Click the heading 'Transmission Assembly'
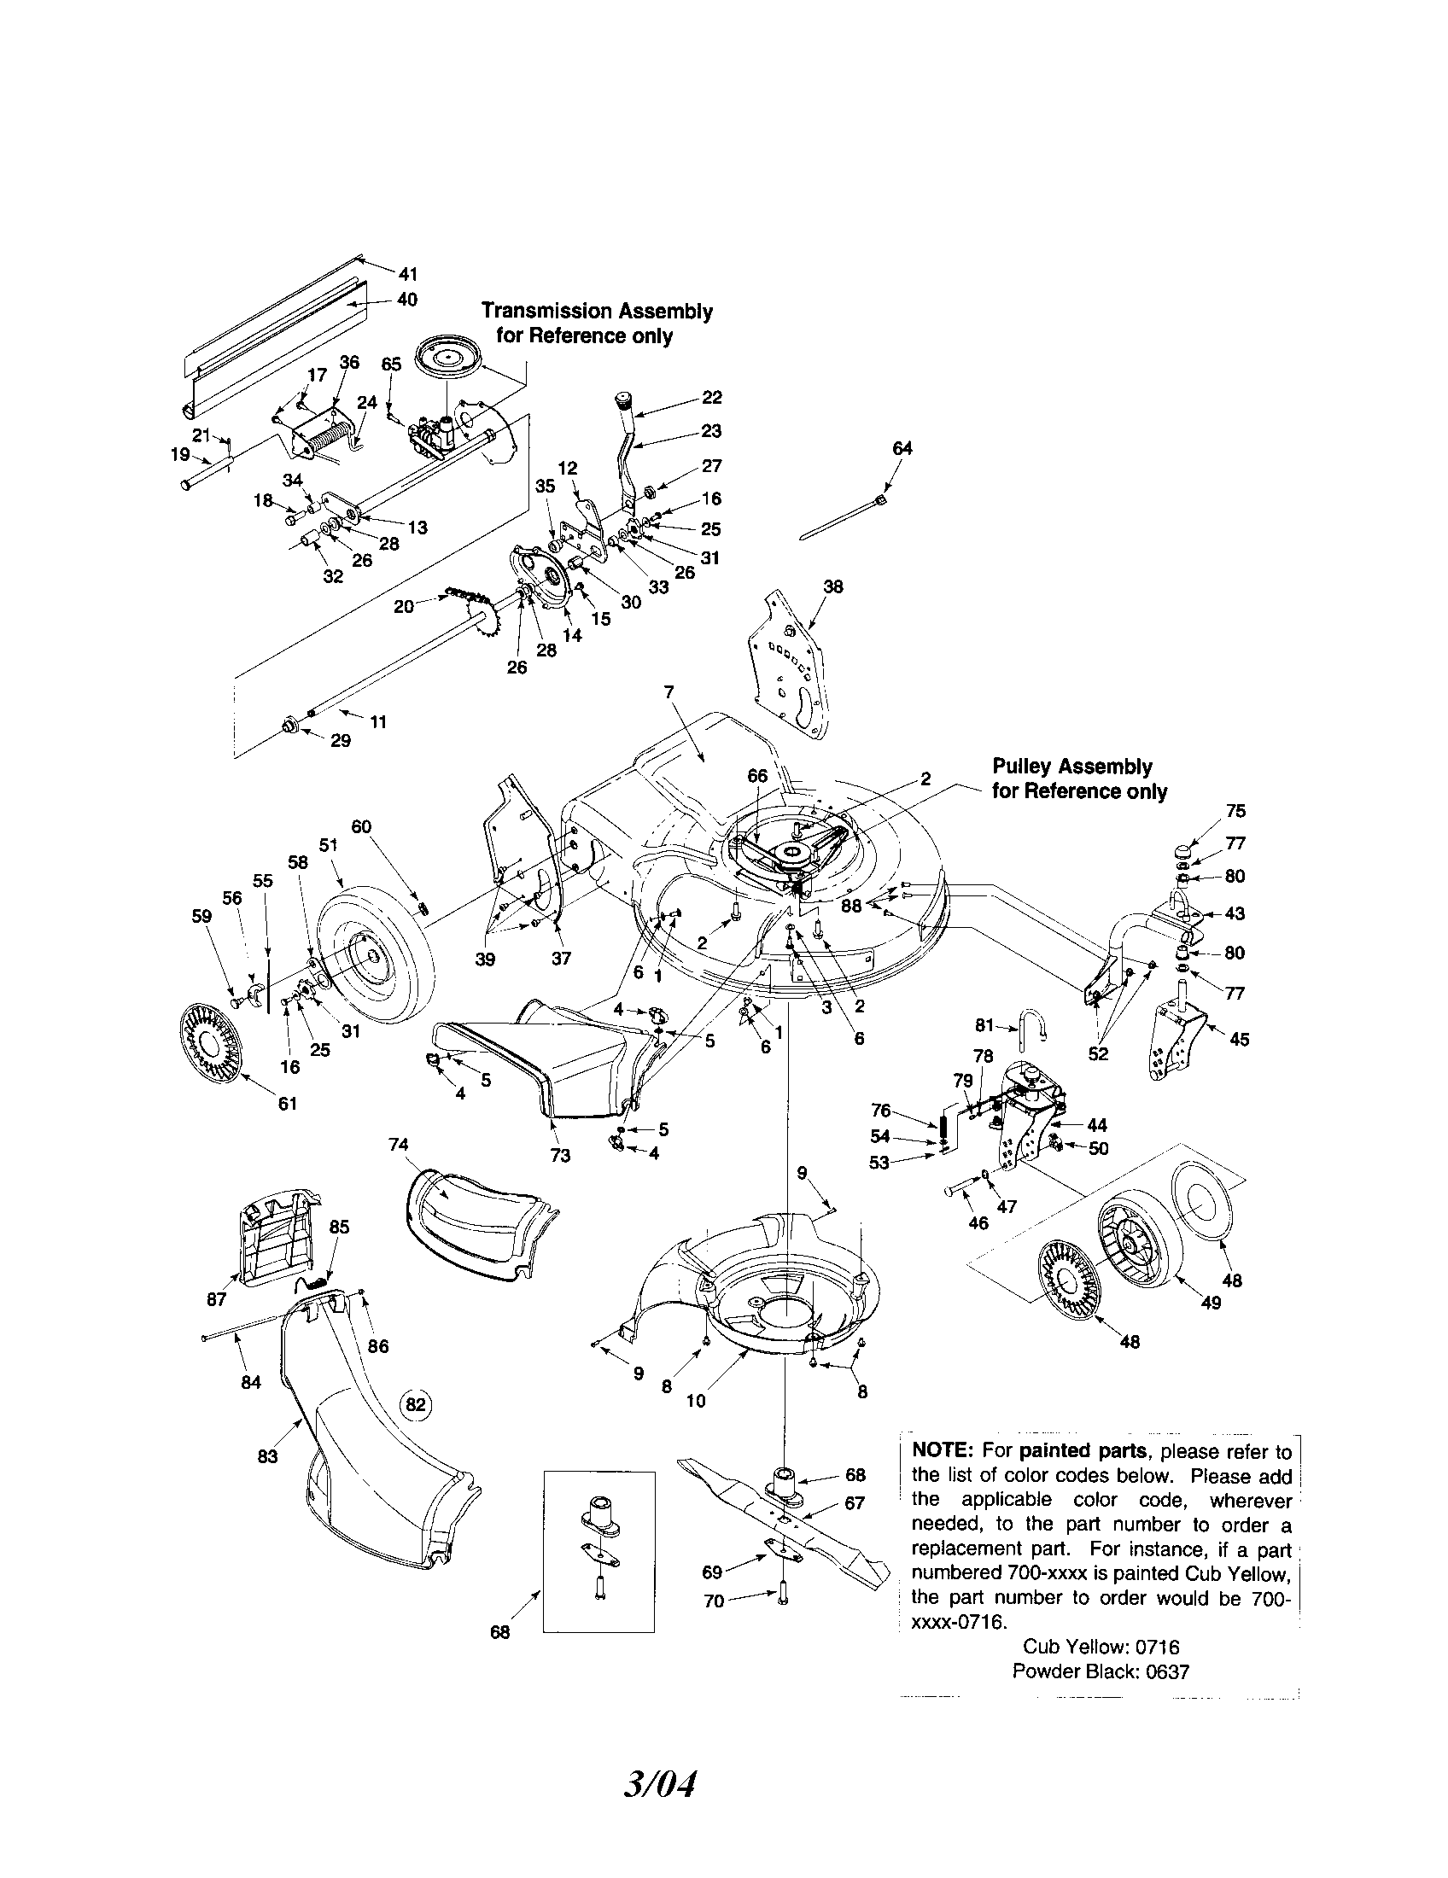597,311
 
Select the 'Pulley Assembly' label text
1071,767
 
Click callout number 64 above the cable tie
902,448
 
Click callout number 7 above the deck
669,691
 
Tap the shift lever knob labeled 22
624,401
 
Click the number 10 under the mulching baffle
696,1401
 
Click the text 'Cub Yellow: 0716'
1101,1647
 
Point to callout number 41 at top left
407,274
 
